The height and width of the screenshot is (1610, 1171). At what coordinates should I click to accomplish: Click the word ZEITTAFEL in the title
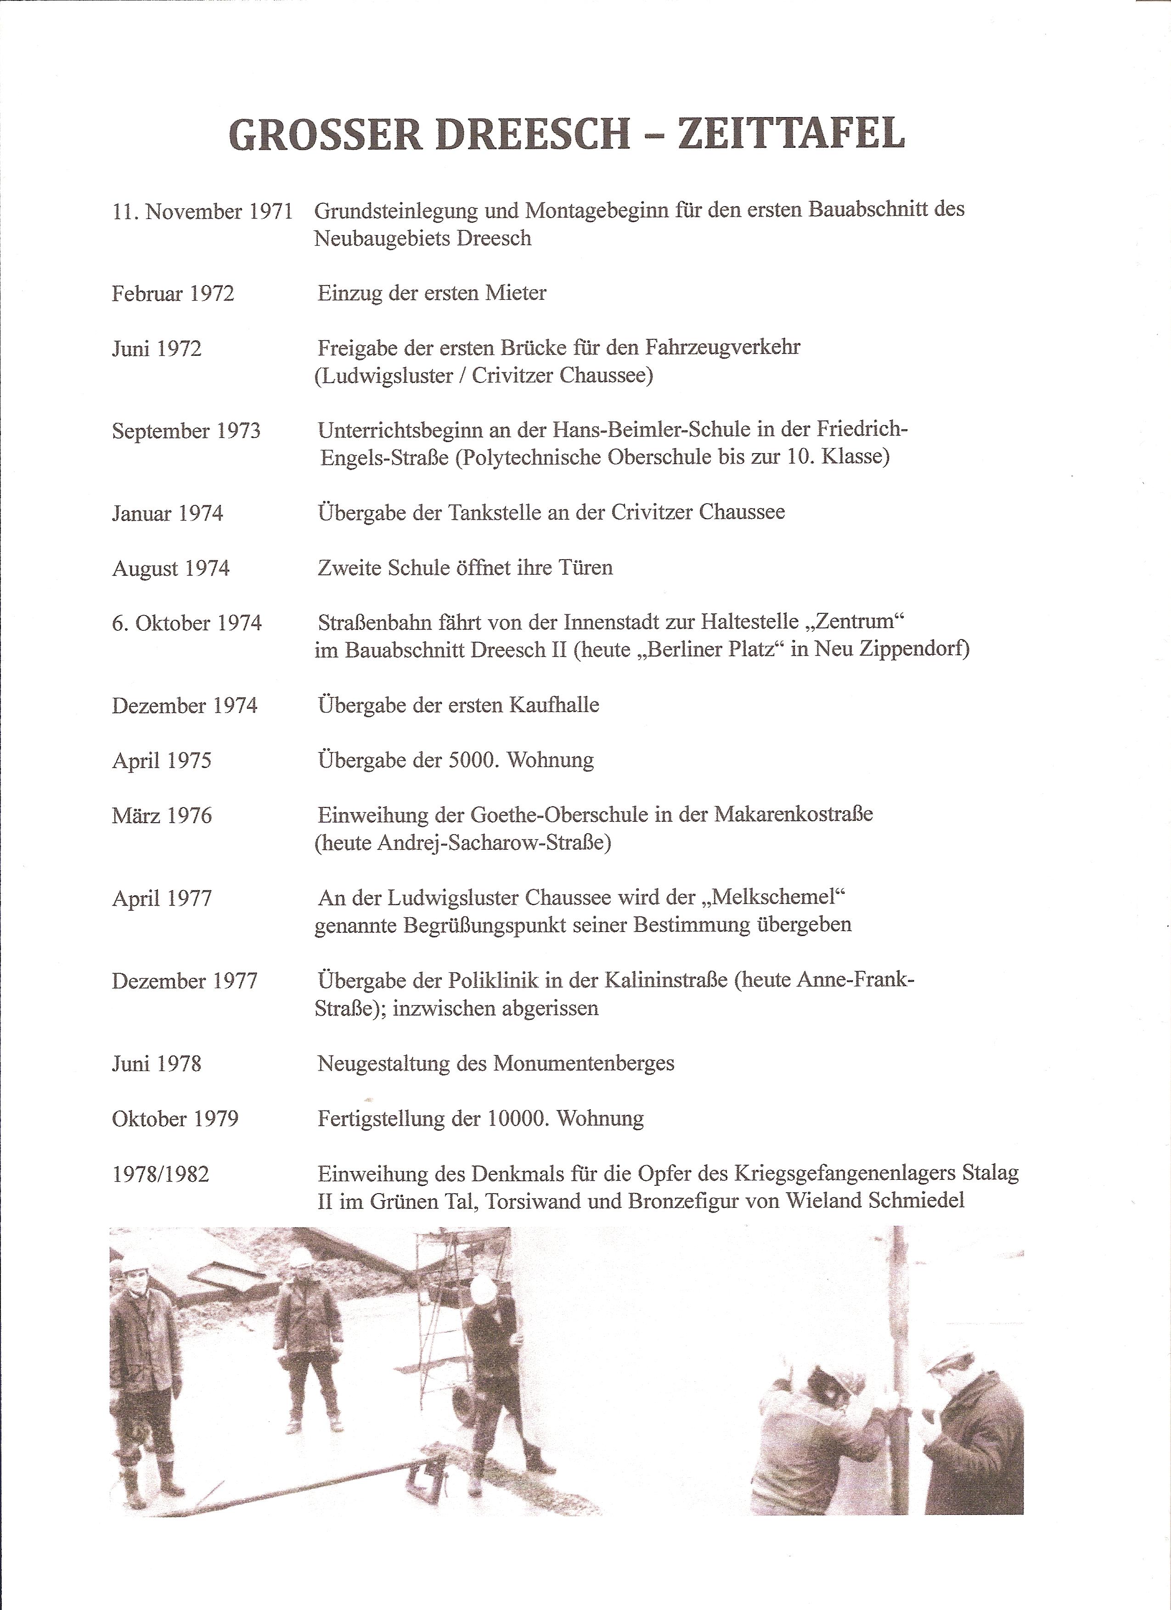pos(791,133)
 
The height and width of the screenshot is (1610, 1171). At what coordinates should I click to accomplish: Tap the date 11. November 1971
pos(203,212)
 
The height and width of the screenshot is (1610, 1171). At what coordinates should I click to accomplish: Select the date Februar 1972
pos(173,294)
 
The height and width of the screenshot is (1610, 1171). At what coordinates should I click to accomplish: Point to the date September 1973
pos(186,432)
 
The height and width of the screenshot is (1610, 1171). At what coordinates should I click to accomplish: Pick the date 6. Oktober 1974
pos(187,623)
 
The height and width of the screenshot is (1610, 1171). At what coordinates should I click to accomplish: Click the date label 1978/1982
pos(160,1174)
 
